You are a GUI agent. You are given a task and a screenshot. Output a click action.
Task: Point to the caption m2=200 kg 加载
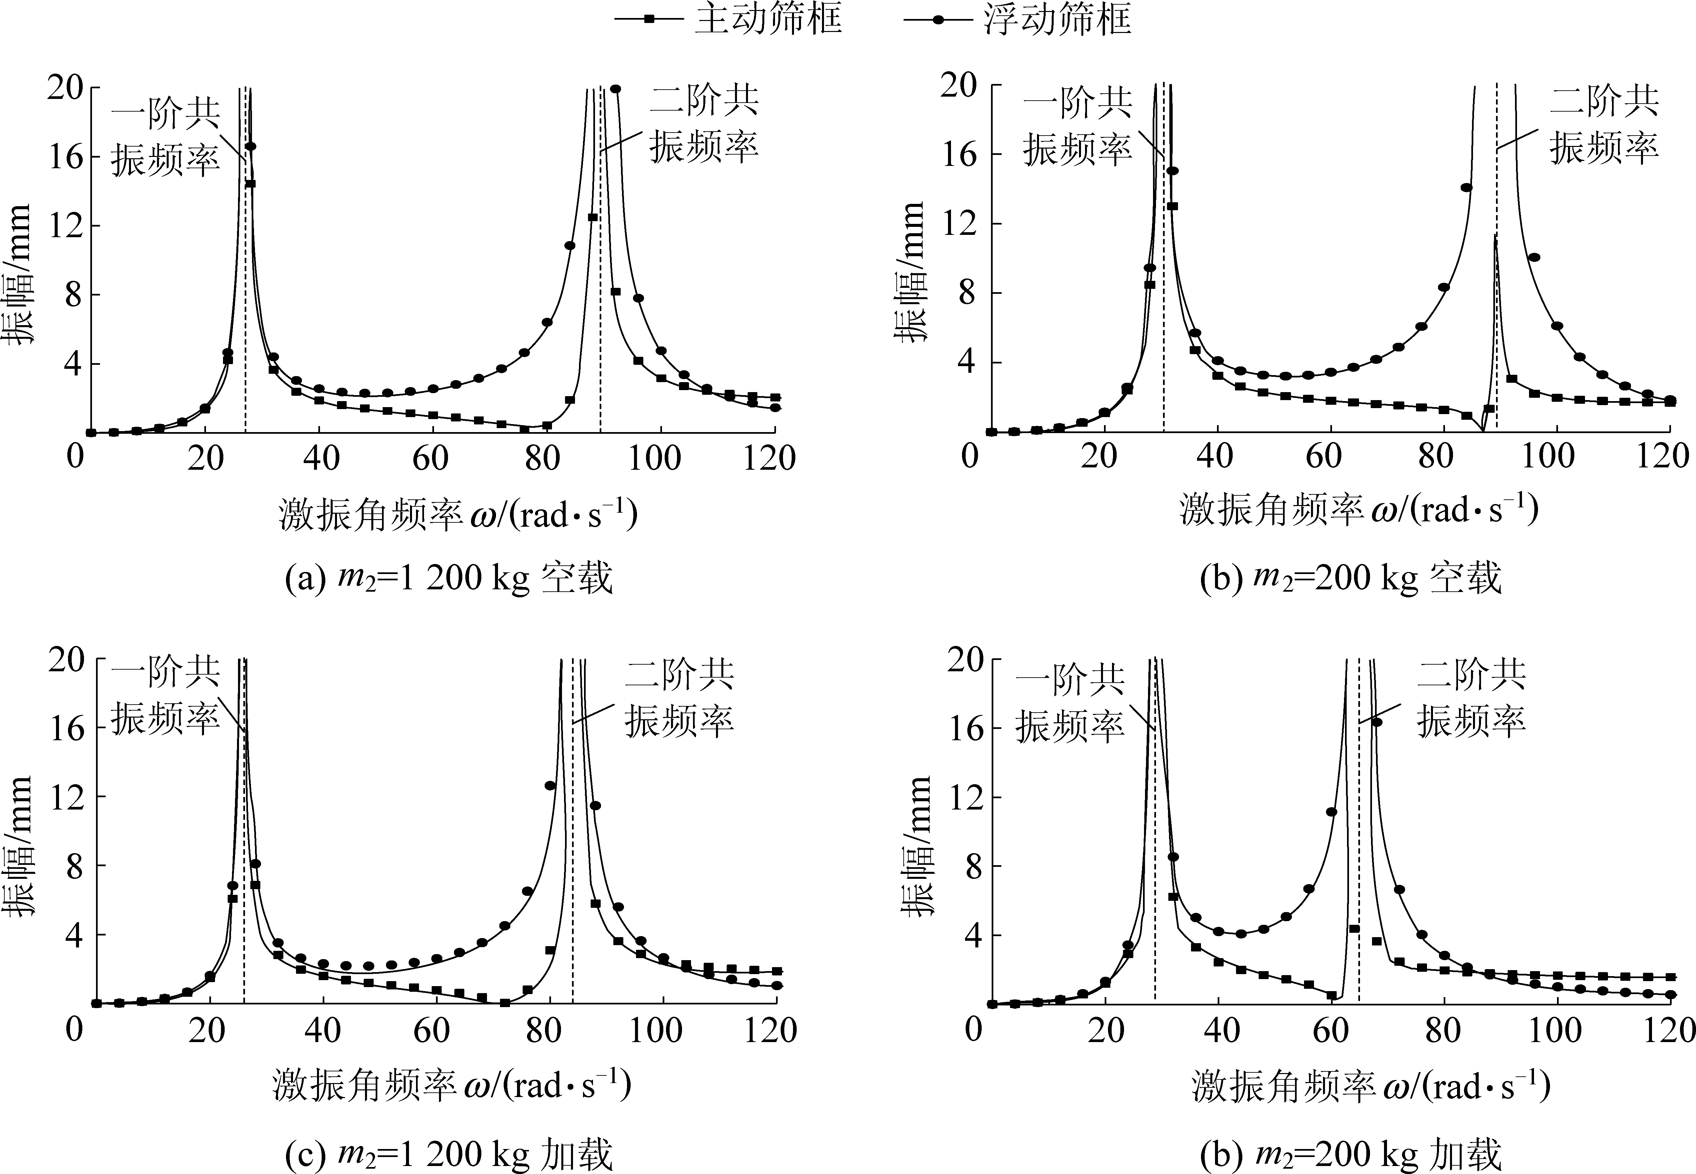(x=1350, y=1155)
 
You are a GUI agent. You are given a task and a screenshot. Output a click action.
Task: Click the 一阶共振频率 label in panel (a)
(x=166, y=136)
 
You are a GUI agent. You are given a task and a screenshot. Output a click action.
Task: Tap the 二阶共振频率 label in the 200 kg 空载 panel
(x=1604, y=125)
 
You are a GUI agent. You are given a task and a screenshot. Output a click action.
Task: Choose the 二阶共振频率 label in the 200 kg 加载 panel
(x=1472, y=697)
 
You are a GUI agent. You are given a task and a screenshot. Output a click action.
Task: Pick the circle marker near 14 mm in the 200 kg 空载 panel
(x=1466, y=188)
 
